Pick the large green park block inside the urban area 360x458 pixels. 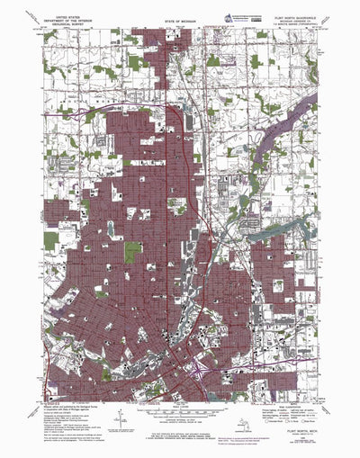coord(132,251)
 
